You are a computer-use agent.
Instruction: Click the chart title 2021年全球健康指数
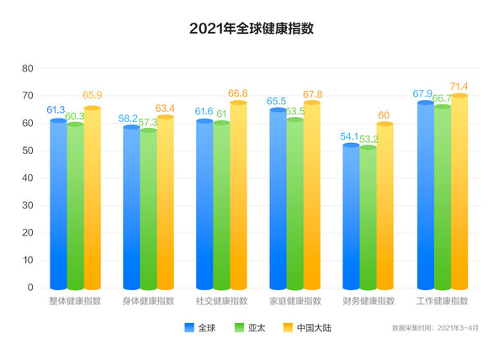pyautogui.click(x=252, y=29)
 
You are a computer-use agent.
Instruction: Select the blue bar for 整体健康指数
pyautogui.click(x=57, y=206)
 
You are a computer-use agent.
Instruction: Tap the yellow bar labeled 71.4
pyautogui.click(x=459, y=193)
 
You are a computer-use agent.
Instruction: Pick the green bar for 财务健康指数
pyautogui.click(x=368, y=219)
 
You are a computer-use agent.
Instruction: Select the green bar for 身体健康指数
pyautogui.click(x=148, y=210)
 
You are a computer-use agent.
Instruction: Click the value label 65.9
pyautogui.click(x=92, y=95)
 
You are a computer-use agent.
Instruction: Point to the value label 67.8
pyautogui.click(x=311, y=93)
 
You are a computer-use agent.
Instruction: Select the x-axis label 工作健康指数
pyautogui.click(x=443, y=301)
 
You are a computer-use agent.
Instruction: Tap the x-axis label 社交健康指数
pyautogui.click(x=221, y=301)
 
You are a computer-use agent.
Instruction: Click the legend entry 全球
pyautogui.click(x=199, y=327)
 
